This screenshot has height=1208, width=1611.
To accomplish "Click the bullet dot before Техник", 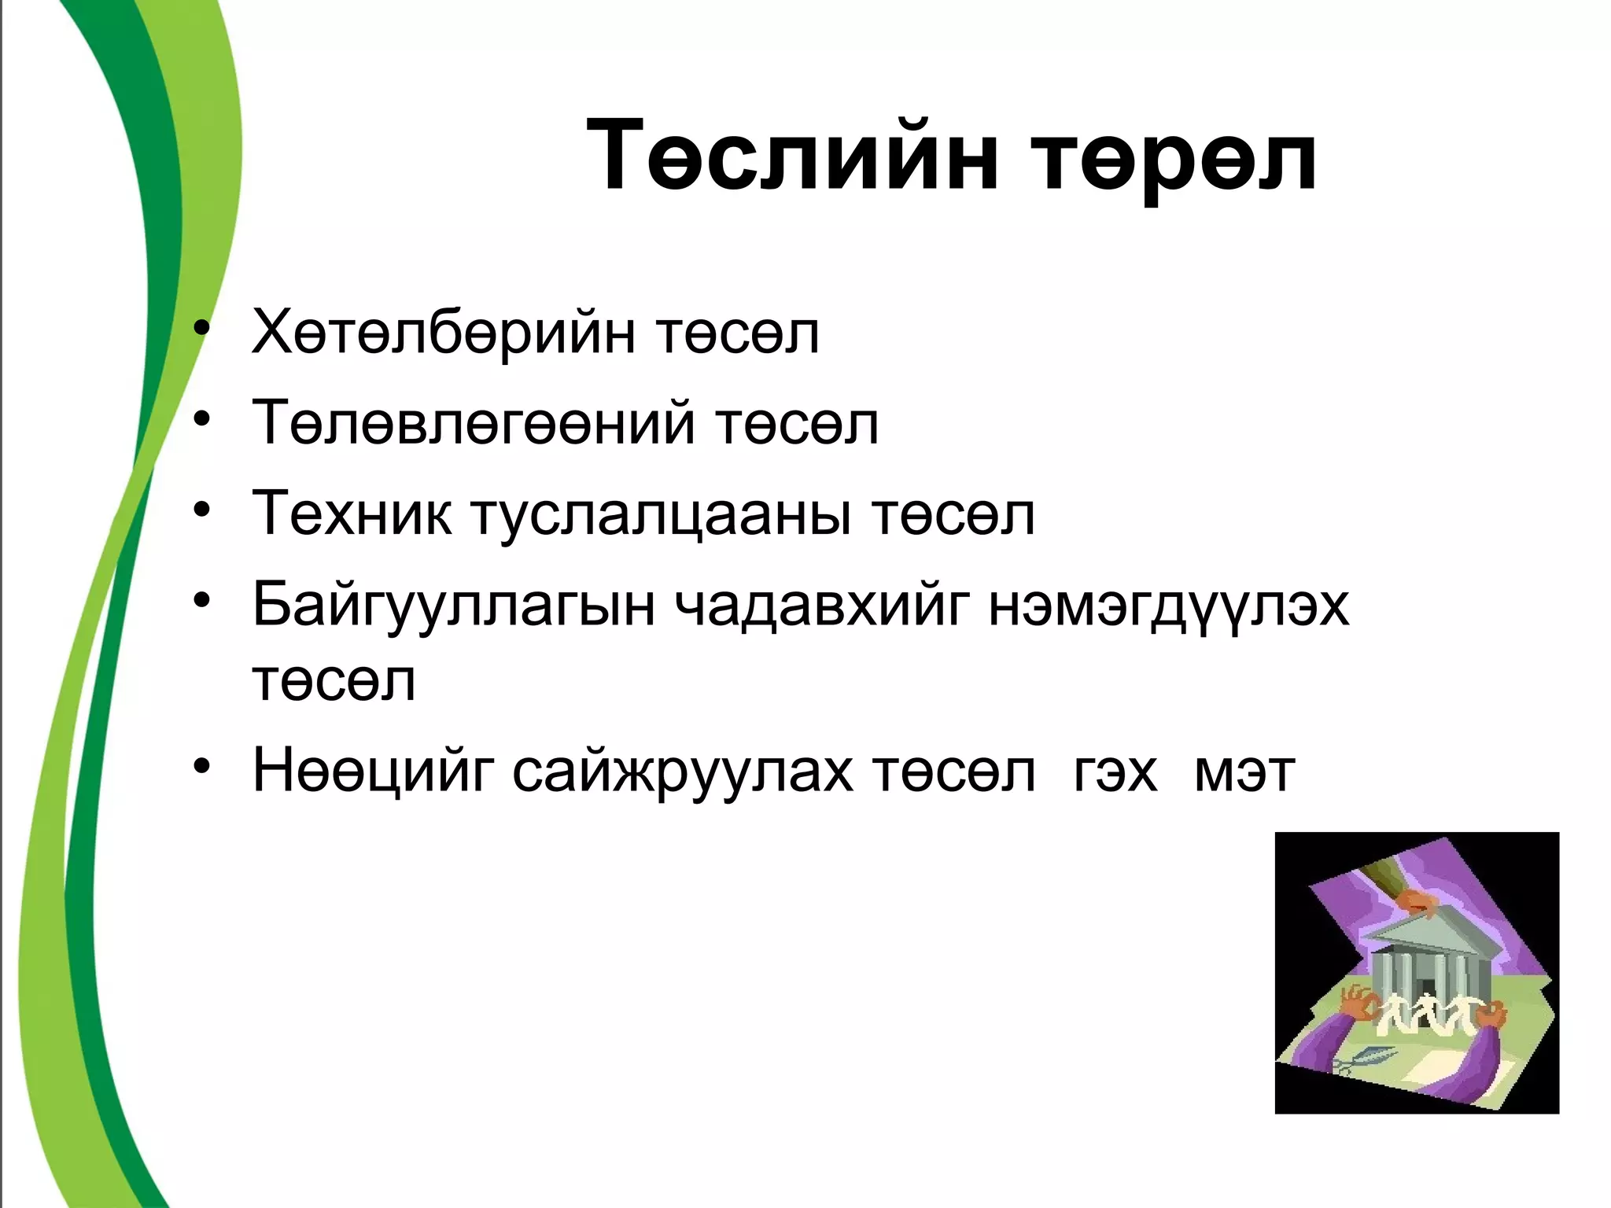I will (203, 511).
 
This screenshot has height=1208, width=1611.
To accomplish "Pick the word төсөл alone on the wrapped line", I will (334, 682).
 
